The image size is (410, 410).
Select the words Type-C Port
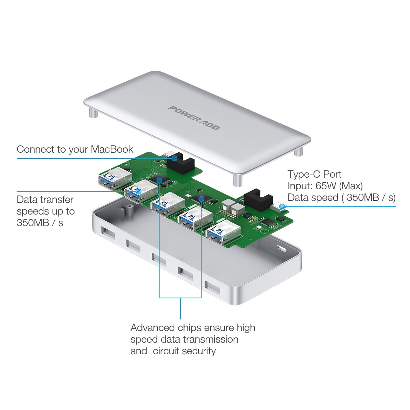(314, 174)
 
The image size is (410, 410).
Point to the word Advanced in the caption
(153, 328)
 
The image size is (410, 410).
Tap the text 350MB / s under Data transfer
(40, 223)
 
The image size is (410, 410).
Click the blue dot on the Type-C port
(282, 206)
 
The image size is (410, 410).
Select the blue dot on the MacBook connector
(174, 158)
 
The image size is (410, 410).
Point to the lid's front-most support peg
(238, 180)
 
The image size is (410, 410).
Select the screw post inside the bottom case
(129, 209)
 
